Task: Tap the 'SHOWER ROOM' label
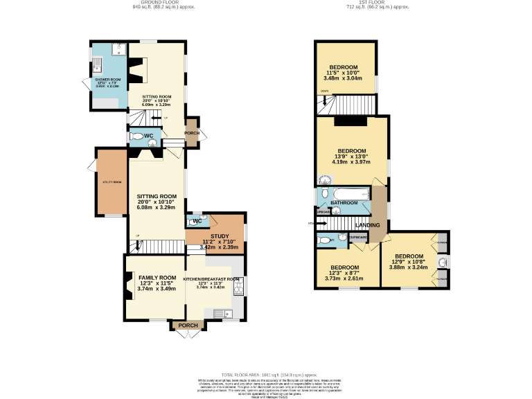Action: coord(107,80)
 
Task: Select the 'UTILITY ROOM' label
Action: coord(112,182)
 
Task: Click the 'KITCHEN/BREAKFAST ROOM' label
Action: coord(211,279)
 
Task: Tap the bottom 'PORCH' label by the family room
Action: coord(188,326)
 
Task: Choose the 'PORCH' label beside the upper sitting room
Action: coord(191,132)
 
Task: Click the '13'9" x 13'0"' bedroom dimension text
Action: coord(352,157)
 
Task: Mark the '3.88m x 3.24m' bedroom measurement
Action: coord(409,267)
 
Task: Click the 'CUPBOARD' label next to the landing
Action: coord(357,238)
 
